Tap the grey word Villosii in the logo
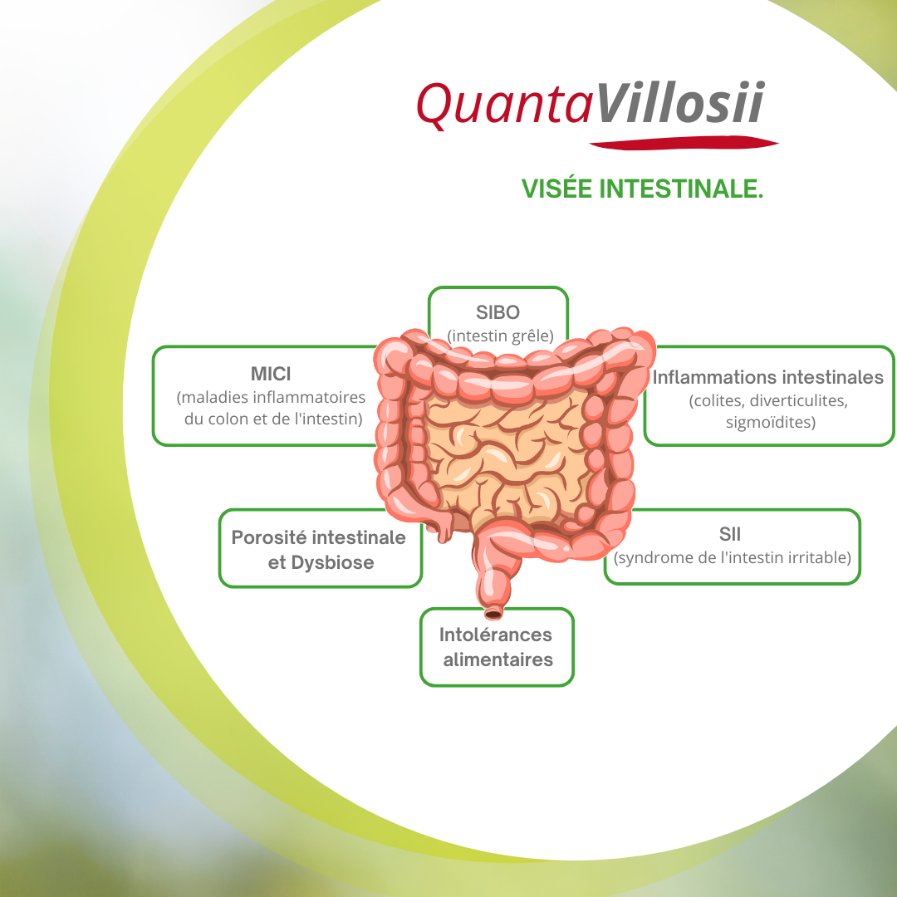[x=680, y=102]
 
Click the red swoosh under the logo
[x=684, y=143]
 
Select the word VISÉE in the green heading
[x=556, y=189]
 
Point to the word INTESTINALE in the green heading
[x=681, y=189]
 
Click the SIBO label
[x=498, y=312]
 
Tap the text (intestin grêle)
[x=500, y=336]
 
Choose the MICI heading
[x=271, y=374]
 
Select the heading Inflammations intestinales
[x=767, y=377]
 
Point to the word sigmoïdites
[x=770, y=422]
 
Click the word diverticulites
[x=799, y=400]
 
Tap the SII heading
[x=730, y=534]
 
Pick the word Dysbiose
[x=332, y=562]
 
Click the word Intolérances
[x=495, y=635]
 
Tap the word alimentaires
[x=498, y=659]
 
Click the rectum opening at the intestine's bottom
[x=493, y=615]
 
